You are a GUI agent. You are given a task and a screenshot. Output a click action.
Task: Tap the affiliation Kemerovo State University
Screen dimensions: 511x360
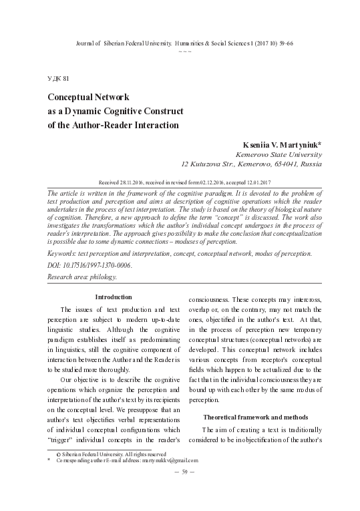[x=285, y=154]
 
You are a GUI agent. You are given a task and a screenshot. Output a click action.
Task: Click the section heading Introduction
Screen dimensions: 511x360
[x=114, y=297]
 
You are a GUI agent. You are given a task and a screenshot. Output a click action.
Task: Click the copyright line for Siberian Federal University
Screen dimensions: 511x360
[x=100, y=454]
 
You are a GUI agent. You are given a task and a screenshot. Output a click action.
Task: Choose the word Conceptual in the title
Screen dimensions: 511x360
[x=73, y=97]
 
